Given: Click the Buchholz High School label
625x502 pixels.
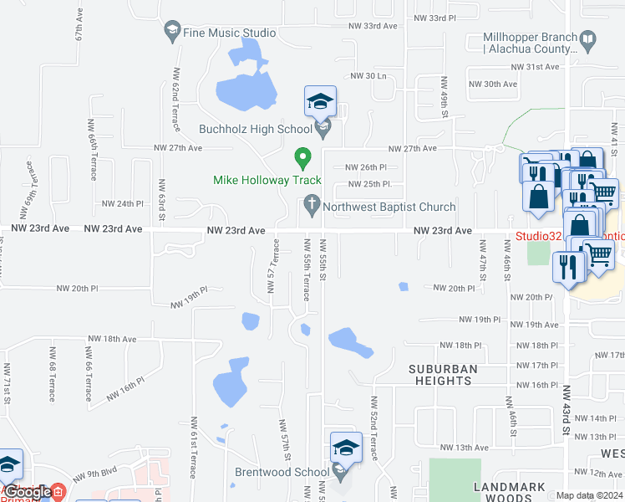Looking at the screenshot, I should tap(255, 129).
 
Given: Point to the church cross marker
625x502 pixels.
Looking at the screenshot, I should tap(312, 202).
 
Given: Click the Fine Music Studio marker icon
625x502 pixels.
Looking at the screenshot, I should tap(172, 32).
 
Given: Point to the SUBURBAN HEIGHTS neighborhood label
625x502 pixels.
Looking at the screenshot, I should tap(443, 375).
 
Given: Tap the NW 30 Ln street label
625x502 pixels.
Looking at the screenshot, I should tap(370, 76).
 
